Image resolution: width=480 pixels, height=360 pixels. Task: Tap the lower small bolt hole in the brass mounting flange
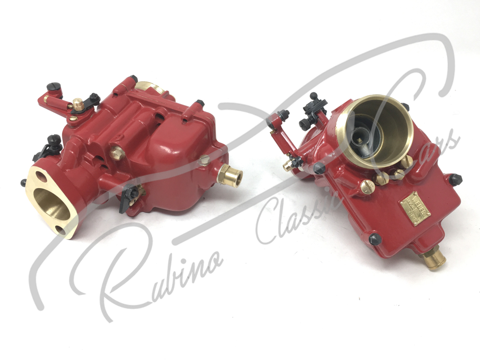coord(61,229)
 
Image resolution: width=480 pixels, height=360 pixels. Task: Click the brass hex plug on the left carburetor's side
coord(117,153)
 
